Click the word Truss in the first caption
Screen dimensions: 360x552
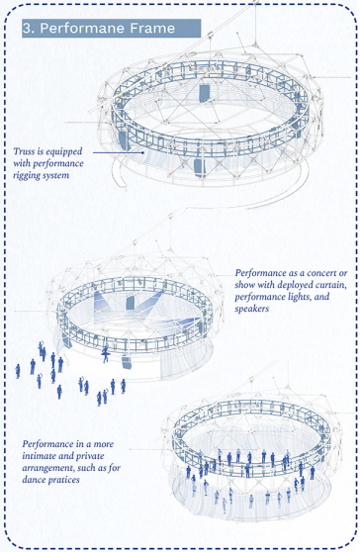[24, 151]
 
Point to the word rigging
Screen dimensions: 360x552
[27, 175]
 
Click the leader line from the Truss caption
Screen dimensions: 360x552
[119, 152]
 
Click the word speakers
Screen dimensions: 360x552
[251, 309]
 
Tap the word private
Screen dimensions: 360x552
[90, 456]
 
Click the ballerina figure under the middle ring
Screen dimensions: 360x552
[105, 353]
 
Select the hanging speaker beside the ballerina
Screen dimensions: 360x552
[127, 363]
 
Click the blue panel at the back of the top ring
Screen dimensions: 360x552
[204, 93]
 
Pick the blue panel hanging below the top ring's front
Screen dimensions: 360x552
[200, 168]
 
